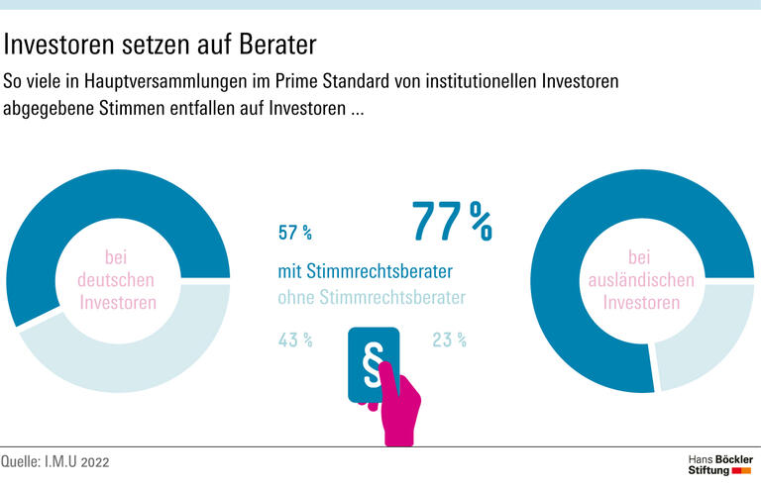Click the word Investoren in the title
[x=68, y=45]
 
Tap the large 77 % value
[x=452, y=222]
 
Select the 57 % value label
[x=295, y=234]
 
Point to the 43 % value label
[x=295, y=341]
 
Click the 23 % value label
[x=449, y=341]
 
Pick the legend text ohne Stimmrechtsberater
[x=371, y=295]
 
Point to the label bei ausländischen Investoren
[x=641, y=279]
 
